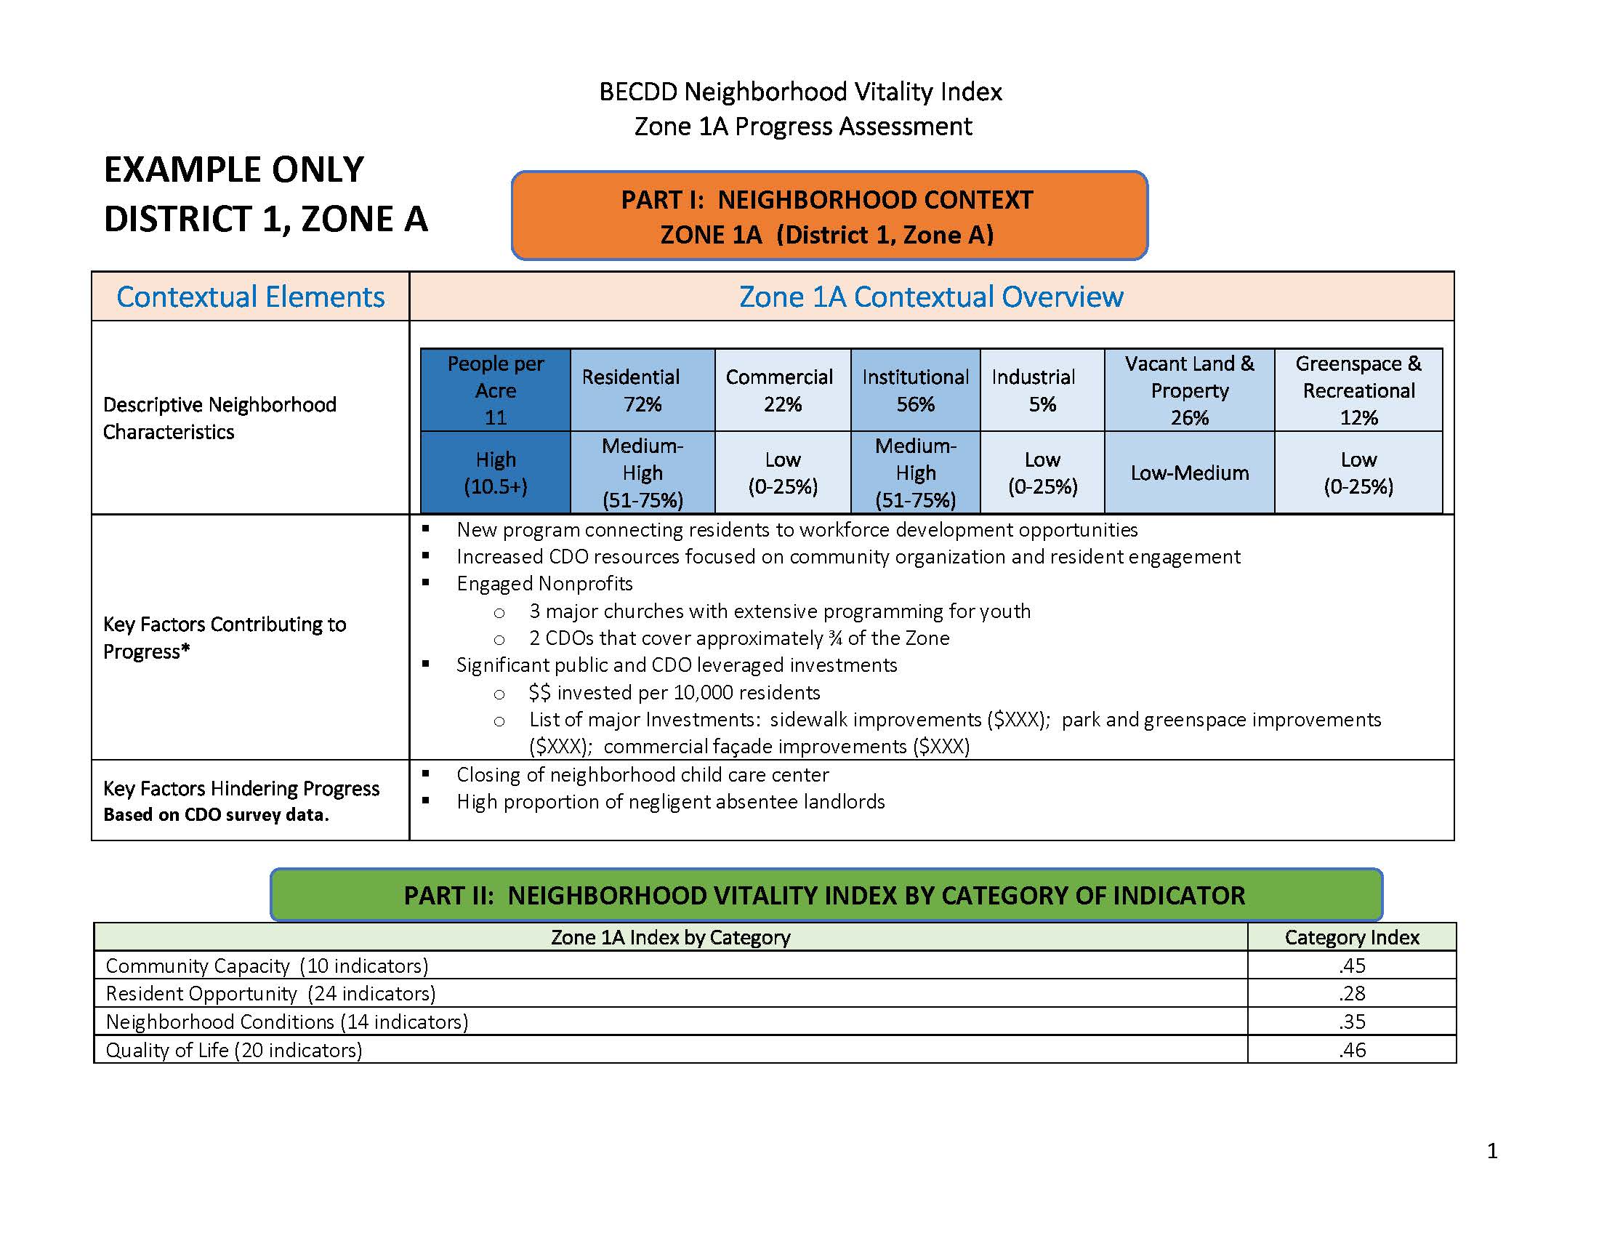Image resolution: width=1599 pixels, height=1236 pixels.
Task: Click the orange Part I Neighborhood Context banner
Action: pyautogui.click(x=829, y=216)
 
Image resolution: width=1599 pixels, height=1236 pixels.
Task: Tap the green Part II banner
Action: pyautogui.click(x=825, y=895)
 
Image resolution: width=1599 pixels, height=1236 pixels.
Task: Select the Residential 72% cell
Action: pyautogui.click(x=642, y=390)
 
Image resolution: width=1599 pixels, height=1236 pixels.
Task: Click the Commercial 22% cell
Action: pyautogui.click(x=782, y=390)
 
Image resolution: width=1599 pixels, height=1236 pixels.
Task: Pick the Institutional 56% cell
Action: pyautogui.click(x=915, y=390)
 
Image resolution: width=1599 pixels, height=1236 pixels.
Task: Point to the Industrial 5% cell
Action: pyautogui.click(x=1041, y=390)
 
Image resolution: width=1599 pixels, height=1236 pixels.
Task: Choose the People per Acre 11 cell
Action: pyautogui.click(x=496, y=390)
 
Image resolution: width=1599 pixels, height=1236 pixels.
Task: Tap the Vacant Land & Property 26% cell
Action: pyautogui.click(x=1189, y=390)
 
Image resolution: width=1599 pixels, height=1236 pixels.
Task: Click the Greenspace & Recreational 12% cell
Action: pyautogui.click(x=1358, y=390)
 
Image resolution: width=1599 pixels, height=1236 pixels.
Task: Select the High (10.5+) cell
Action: pyautogui.click(x=496, y=473)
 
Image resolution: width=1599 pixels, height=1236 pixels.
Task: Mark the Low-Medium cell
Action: pyautogui.click(x=1189, y=473)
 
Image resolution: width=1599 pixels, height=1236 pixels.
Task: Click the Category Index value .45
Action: pyautogui.click(x=1352, y=965)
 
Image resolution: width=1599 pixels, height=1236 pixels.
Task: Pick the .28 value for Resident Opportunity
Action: pyautogui.click(x=1352, y=993)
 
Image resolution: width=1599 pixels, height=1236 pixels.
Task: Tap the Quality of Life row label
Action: pyautogui.click(x=234, y=1050)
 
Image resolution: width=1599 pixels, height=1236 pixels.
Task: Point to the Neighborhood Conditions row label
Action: pyautogui.click(x=287, y=1022)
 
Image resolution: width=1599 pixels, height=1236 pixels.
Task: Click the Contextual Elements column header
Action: pyautogui.click(x=251, y=297)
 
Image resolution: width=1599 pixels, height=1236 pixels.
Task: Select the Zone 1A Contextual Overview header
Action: pyautogui.click(x=930, y=297)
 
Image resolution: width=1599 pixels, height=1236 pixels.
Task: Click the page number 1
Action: pyautogui.click(x=1492, y=1152)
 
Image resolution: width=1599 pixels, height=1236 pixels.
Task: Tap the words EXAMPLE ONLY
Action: pyautogui.click(x=234, y=170)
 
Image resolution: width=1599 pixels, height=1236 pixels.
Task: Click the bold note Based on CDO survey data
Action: pyautogui.click(x=216, y=815)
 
